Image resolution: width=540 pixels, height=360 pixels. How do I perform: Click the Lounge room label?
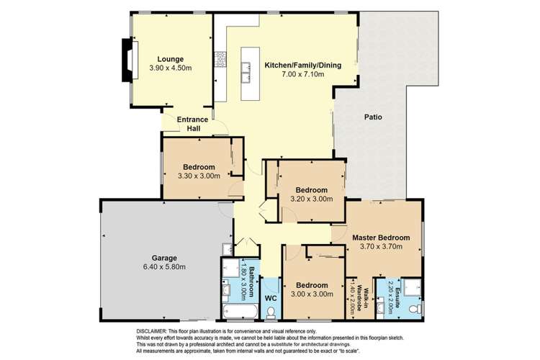[x=171, y=58]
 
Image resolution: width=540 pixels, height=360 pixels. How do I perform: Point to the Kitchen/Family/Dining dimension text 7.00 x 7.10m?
[x=302, y=75]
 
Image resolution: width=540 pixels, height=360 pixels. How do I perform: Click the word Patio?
[x=372, y=117]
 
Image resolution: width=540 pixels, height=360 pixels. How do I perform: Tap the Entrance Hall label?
[x=193, y=124]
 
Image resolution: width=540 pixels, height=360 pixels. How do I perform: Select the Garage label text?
[x=163, y=257]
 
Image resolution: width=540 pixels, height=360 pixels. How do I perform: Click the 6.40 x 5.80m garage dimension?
[x=163, y=266]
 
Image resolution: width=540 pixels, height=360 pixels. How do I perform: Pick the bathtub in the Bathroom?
[x=238, y=312]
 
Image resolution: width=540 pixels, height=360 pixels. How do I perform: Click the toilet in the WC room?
[x=271, y=310]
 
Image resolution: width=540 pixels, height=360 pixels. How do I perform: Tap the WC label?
[x=271, y=296]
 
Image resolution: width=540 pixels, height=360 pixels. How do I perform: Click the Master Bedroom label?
[x=380, y=237]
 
